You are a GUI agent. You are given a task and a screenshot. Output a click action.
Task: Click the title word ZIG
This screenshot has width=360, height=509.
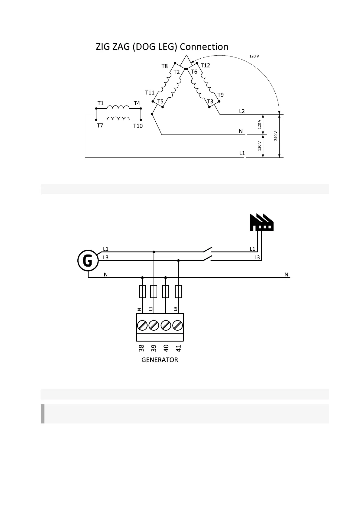coord(103,47)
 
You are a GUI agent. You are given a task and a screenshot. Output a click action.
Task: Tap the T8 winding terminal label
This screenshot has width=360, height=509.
coord(164,66)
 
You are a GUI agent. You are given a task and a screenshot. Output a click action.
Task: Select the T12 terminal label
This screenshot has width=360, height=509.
coord(205,65)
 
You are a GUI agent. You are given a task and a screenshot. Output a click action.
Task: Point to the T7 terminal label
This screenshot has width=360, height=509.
coord(100,125)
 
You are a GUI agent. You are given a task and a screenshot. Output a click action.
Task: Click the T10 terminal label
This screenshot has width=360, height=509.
coord(138,126)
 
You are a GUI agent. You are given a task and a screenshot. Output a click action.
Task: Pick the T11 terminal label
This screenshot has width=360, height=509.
coord(150,92)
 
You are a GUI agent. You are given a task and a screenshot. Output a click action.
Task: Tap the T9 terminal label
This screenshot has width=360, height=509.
coord(221,95)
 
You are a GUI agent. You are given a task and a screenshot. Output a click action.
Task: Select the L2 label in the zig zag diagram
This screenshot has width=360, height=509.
coord(242,111)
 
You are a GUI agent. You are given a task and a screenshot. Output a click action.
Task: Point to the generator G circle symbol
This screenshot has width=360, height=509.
coord(88,261)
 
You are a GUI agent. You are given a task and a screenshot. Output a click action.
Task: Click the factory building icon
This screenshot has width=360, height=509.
coord(261,222)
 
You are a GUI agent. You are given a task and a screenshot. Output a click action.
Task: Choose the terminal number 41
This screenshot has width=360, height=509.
coord(178,348)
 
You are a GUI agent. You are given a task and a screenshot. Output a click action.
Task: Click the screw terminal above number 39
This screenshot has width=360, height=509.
coord(154,326)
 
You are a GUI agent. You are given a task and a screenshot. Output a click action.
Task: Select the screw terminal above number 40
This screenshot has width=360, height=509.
coord(166,326)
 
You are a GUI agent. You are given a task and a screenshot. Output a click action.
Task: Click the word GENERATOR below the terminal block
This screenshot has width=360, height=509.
coord(160,360)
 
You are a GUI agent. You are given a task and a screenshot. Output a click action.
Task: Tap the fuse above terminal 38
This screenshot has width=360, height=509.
coord(142,291)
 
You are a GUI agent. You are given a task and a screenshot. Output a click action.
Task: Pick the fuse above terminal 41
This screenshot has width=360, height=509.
coord(179,291)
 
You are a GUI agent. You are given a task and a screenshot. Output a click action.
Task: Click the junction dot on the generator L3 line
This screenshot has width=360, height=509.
coord(179,260)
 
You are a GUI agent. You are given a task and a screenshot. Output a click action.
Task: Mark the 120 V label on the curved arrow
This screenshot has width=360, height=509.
coord(254,56)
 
